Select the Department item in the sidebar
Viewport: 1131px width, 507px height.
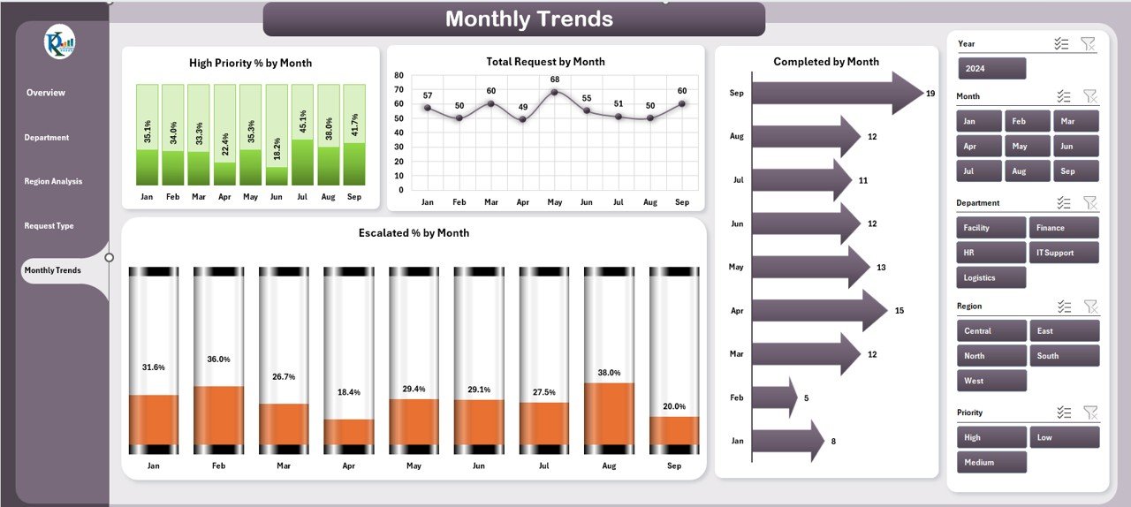46,138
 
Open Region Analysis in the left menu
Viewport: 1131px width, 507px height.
53,182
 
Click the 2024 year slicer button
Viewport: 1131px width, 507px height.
991,69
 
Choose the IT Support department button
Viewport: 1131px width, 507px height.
1064,253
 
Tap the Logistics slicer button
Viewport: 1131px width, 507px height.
991,277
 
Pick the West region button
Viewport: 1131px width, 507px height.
991,381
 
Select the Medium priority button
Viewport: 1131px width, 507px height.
991,462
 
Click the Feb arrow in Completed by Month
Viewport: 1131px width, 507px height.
773,397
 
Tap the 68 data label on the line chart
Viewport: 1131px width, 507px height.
554,80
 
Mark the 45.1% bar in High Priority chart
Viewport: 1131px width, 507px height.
302,135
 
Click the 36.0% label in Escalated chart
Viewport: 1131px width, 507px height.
218,359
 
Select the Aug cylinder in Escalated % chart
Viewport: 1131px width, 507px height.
609,360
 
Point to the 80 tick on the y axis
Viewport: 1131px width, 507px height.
399,76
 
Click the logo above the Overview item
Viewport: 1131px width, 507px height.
59,42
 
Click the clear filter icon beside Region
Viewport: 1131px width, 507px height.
1090,306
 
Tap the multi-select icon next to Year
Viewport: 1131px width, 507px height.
1063,43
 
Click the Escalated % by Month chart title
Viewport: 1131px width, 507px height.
414,233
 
